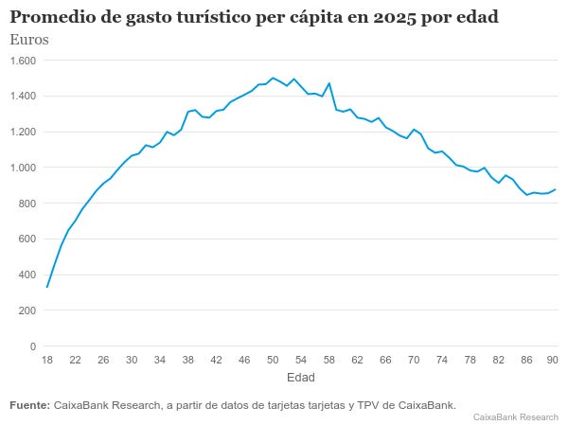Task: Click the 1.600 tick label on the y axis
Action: (x=23, y=61)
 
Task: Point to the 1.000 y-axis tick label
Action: (x=23, y=168)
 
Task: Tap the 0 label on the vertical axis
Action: (x=33, y=346)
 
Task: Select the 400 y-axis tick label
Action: (x=27, y=275)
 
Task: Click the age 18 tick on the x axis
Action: (x=47, y=360)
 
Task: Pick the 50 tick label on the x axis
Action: (x=273, y=360)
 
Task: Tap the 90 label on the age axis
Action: (x=552, y=360)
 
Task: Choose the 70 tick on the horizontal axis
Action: (x=414, y=360)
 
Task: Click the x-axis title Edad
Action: (x=301, y=377)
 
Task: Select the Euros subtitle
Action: (x=29, y=40)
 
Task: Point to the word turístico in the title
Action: (x=214, y=17)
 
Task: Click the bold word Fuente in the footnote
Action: (x=29, y=405)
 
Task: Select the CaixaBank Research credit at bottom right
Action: (x=516, y=417)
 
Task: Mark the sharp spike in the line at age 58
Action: (x=328, y=83)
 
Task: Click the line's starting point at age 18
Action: (x=47, y=287)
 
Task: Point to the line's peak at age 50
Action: (x=273, y=78)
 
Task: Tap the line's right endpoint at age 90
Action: (x=555, y=189)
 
